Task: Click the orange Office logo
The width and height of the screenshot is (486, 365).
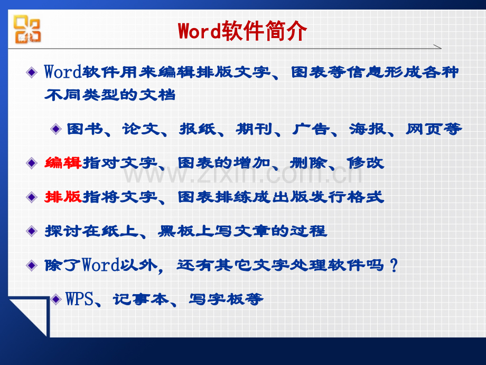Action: (x=27, y=29)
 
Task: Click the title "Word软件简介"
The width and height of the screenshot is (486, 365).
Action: (x=242, y=31)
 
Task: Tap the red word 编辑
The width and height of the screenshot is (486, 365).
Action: (x=63, y=162)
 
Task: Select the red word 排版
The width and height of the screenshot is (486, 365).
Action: (x=63, y=197)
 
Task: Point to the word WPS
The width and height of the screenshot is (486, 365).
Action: (x=79, y=299)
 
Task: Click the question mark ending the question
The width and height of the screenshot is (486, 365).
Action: (x=394, y=266)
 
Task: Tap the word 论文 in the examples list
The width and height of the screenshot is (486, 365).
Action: (x=141, y=129)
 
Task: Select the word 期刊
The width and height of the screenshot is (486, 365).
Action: (x=254, y=129)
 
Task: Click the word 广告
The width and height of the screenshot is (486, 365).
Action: (x=311, y=129)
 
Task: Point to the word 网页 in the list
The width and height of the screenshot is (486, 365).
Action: (x=424, y=129)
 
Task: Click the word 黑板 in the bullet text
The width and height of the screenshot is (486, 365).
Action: (x=176, y=231)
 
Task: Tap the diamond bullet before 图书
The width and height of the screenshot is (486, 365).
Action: (x=56, y=129)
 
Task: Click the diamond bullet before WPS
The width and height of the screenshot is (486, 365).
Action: (x=56, y=299)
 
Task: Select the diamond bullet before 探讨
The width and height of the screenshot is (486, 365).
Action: (x=32, y=231)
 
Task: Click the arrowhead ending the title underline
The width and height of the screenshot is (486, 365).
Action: (x=437, y=47)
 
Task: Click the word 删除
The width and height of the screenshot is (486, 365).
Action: (x=308, y=162)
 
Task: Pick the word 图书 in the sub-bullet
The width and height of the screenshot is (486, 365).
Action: (x=85, y=129)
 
